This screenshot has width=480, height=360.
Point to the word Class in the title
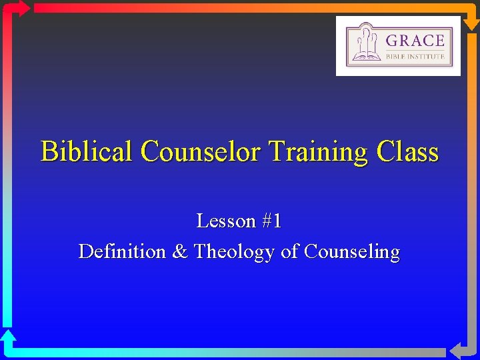pyautogui.click(x=407, y=152)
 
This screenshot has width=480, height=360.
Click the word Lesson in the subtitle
pyautogui.click(x=227, y=221)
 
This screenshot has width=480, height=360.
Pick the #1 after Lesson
pyautogui.click(x=272, y=221)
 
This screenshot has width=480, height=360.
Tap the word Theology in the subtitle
pyautogui.click(x=234, y=253)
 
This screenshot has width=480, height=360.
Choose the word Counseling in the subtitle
pyautogui.click(x=352, y=253)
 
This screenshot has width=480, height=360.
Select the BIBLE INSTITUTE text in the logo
pyautogui.click(x=415, y=57)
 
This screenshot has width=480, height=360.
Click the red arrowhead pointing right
pyautogui.click(x=21, y=8)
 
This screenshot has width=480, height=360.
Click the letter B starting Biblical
pyautogui.click(x=48, y=152)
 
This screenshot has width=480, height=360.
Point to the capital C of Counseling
pyautogui.click(x=310, y=252)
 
